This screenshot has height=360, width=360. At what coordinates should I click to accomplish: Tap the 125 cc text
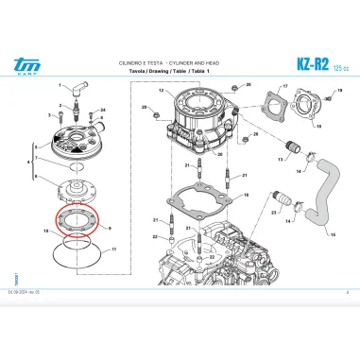pyautogui.click(x=338, y=65)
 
